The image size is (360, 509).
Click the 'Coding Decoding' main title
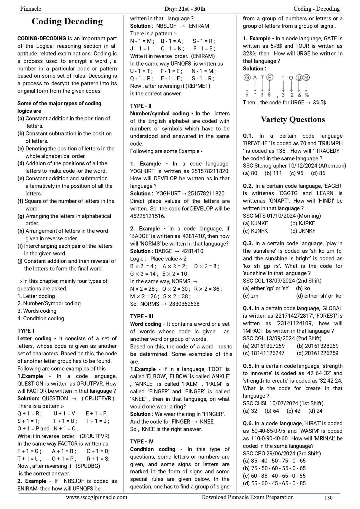67,22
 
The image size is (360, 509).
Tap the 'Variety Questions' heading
292,120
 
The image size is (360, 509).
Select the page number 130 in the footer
328,498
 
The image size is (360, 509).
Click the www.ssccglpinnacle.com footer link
97,497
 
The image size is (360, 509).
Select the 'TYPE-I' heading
26,331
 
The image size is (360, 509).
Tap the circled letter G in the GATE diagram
247,78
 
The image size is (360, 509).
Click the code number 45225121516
147,216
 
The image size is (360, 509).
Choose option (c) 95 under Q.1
296,173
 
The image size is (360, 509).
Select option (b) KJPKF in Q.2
302,223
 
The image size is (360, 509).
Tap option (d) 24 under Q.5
315,411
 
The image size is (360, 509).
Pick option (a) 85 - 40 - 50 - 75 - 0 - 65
274,461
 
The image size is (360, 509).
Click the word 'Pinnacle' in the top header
31,9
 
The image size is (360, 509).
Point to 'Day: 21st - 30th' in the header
185,9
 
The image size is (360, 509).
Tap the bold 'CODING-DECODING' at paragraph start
42,39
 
